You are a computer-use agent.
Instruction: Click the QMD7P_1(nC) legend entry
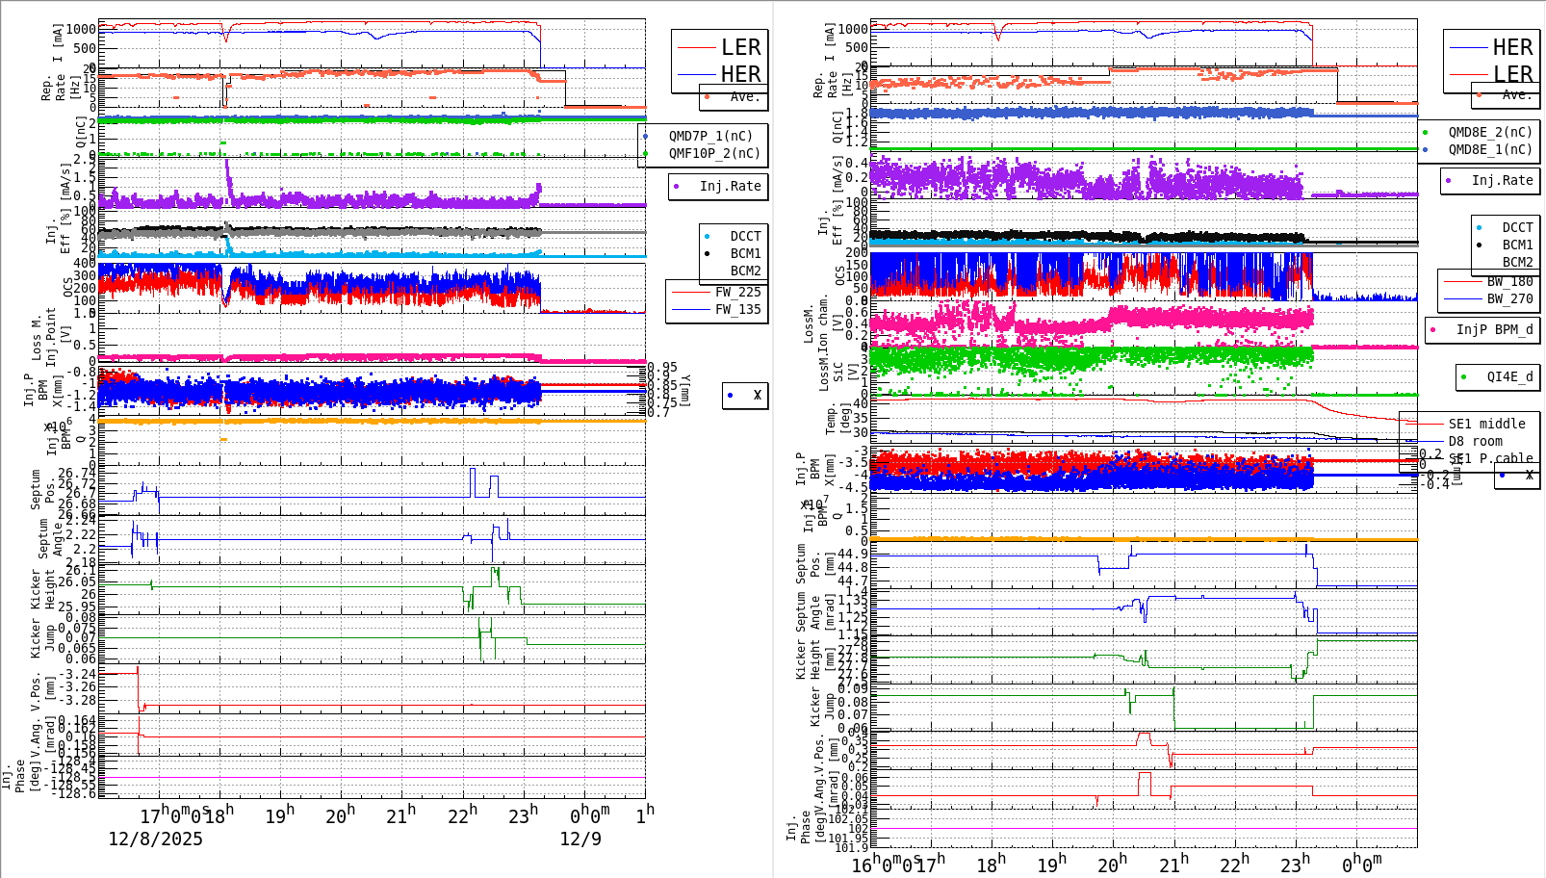point(710,136)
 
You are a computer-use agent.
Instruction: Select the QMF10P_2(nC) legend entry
point(714,153)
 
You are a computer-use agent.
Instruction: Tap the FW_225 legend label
point(737,292)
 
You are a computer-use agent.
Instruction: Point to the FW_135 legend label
point(737,309)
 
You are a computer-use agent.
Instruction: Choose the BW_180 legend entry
point(1509,281)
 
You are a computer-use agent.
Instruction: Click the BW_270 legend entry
point(1509,298)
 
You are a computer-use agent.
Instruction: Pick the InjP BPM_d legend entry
point(1494,329)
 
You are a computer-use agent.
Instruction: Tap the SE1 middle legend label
point(1486,424)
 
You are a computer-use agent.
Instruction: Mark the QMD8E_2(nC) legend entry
point(1490,132)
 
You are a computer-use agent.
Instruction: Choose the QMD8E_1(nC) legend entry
point(1490,149)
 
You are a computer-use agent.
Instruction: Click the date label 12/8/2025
point(155,839)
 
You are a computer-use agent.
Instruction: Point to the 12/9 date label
point(580,839)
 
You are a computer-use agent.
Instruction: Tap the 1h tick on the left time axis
point(645,815)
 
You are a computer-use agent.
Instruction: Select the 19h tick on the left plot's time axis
point(279,815)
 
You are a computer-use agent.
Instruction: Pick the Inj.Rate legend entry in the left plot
point(730,186)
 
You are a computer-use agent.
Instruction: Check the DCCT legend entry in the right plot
point(1517,228)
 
